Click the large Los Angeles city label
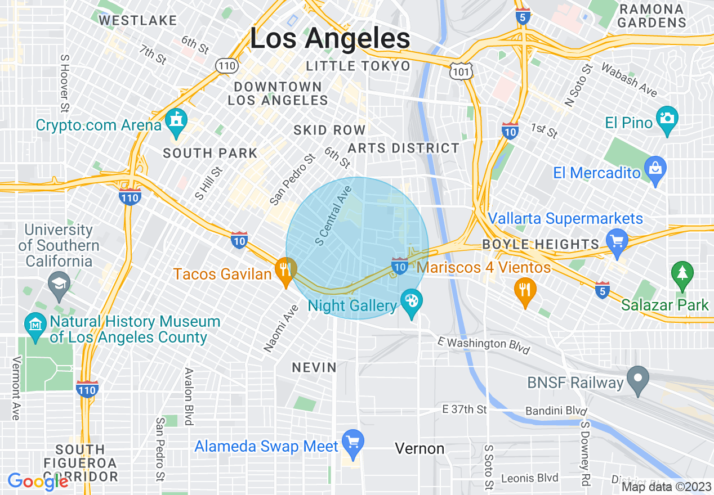point(330,39)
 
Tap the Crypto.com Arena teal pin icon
point(176,124)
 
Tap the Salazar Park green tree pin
point(682,275)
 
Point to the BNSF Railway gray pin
point(638,379)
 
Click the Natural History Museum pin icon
point(36,326)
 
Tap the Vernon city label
point(420,448)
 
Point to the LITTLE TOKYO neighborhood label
point(358,66)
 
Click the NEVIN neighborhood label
point(314,367)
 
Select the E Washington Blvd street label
point(484,345)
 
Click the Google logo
point(38,481)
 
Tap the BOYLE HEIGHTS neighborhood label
point(541,244)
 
